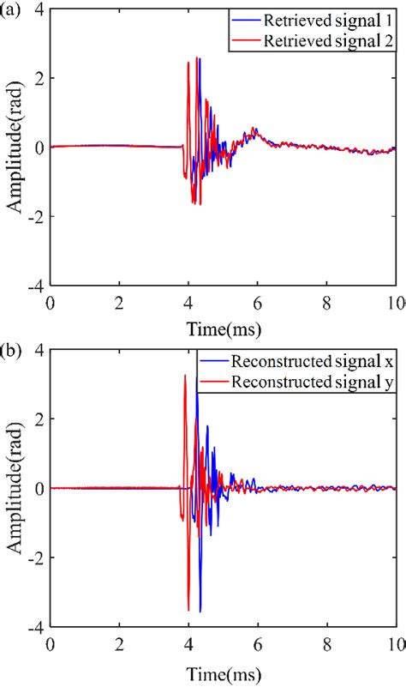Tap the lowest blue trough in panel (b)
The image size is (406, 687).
pyautogui.click(x=200, y=611)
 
